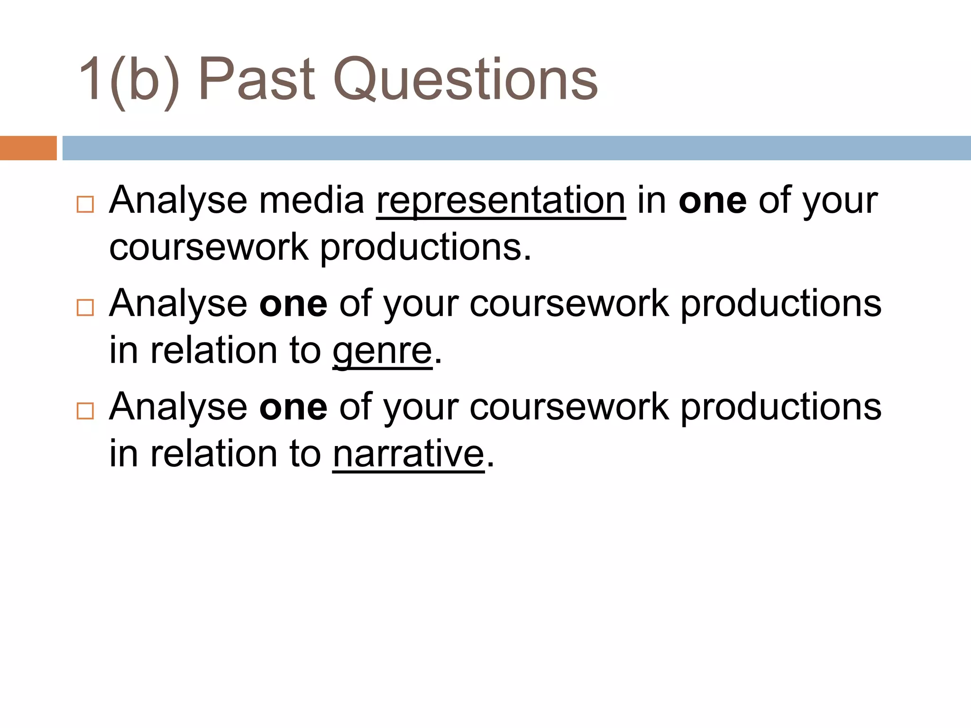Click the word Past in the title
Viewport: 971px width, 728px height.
point(256,79)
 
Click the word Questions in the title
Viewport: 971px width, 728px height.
point(466,79)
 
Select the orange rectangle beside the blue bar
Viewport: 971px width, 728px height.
point(28,148)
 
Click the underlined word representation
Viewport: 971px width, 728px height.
point(501,201)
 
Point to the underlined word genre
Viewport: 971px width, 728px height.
point(382,351)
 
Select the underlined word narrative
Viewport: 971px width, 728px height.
point(409,454)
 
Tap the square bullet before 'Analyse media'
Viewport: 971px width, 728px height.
point(85,204)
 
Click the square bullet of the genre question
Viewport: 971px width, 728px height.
point(85,308)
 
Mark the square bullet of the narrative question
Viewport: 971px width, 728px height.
point(85,411)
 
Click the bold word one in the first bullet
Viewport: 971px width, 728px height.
point(713,201)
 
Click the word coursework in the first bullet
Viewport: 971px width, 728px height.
point(209,247)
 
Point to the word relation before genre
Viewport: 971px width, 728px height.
point(214,351)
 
